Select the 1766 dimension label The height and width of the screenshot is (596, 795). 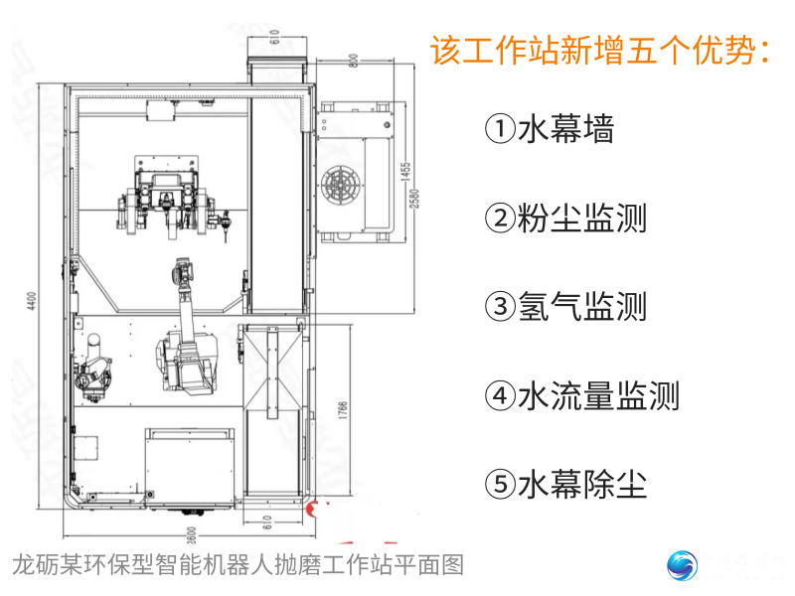pyautogui.click(x=342, y=412)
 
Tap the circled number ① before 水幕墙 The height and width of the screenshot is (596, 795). pyautogui.click(x=500, y=129)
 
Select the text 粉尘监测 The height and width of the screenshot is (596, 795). pyautogui.click(x=581, y=218)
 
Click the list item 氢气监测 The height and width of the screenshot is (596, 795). pyautogui.click(x=581, y=307)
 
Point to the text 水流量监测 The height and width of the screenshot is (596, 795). pyautogui.click(x=597, y=396)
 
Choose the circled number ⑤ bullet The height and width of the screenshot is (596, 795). pyautogui.click(x=500, y=486)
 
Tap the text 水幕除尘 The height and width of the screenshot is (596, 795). pyautogui.click(x=581, y=486)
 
